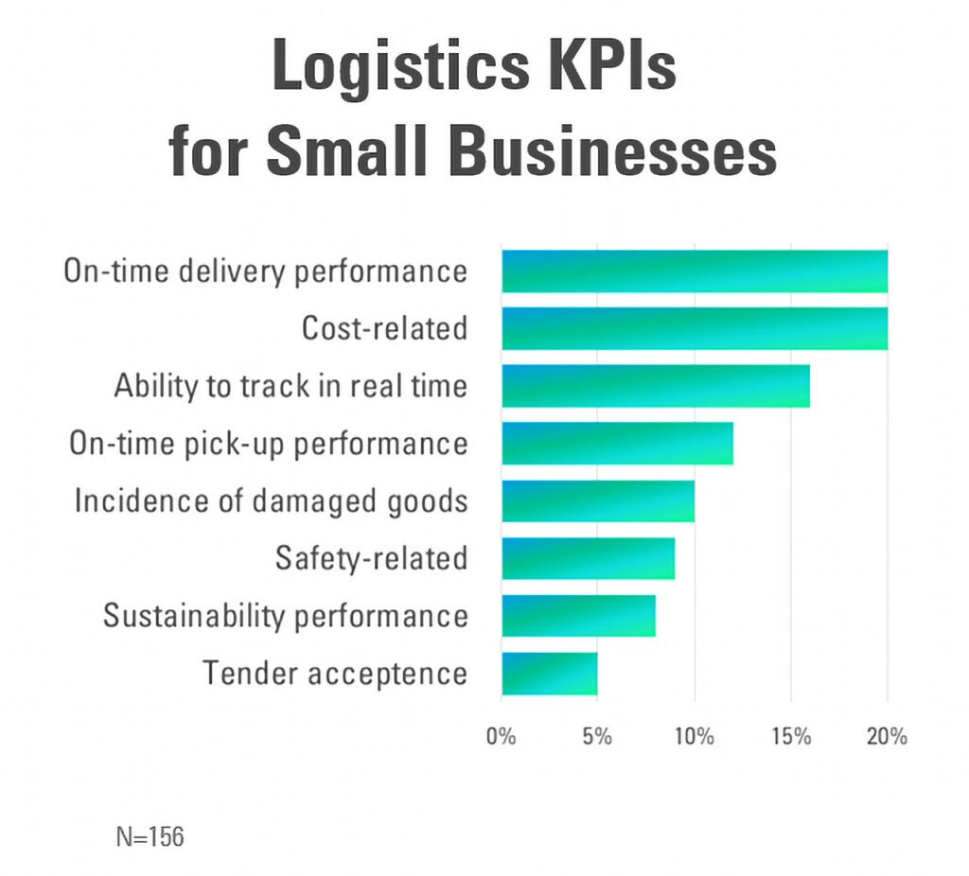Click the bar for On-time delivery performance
695,272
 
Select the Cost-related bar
695,329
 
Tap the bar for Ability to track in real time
656,386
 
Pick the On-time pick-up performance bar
617,444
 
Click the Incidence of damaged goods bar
598,501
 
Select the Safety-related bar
588,558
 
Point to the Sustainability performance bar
578,616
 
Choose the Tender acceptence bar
549,674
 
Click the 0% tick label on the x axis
501,736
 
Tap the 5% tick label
597,736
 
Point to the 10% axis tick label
694,736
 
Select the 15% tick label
790,736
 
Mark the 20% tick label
887,736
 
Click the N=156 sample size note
150,836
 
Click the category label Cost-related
384,329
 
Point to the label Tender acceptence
335,674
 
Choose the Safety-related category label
371,558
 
